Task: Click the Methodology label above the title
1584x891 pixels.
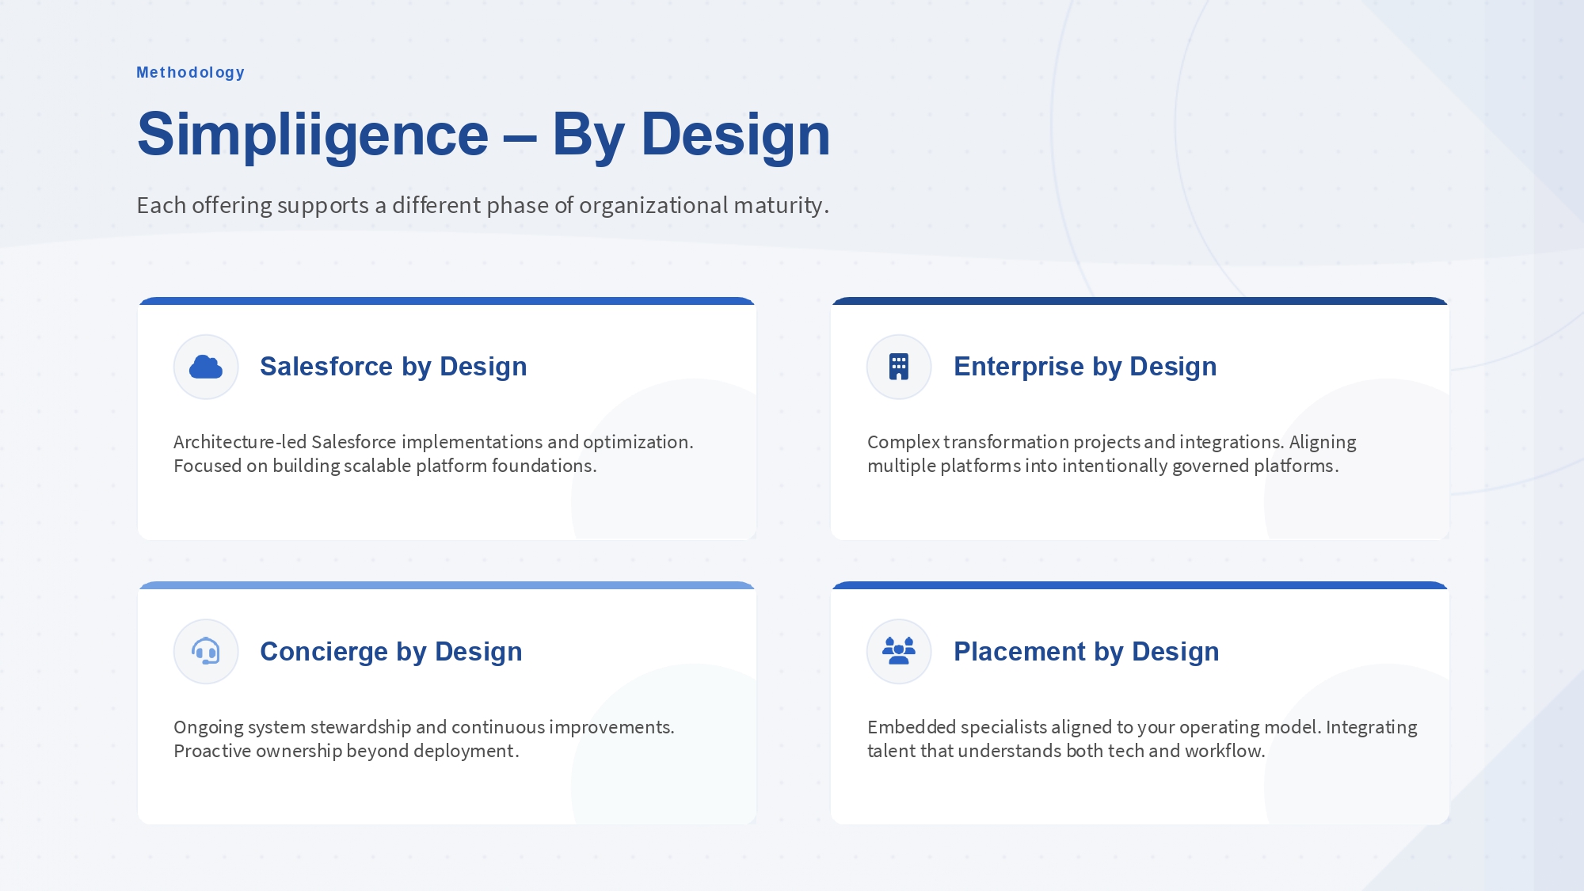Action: click(x=190, y=73)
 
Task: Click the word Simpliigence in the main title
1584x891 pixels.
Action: click(x=313, y=135)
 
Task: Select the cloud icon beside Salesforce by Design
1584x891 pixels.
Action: click(x=206, y=367)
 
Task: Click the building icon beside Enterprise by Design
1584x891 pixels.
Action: click(x=899, y=367)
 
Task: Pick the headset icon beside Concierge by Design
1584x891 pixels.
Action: click(x=206, y=651)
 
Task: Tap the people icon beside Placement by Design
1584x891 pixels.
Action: click(x=899, y=651)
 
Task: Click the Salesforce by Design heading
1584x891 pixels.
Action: click(x=393, y=367)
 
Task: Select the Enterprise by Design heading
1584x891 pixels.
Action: click(x=1085, y=367)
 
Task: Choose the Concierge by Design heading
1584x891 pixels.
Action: click(x=391, y=652)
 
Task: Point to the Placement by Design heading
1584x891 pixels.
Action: click(x=1087, y=652)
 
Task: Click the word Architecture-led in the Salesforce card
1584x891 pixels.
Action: click(x=240, y=442)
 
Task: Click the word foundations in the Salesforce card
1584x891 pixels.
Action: click(x=543, y=466)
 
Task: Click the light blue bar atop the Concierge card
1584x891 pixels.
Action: click(x=447, y=585)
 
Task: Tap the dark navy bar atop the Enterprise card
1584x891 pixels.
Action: click(x=1140, y=301)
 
